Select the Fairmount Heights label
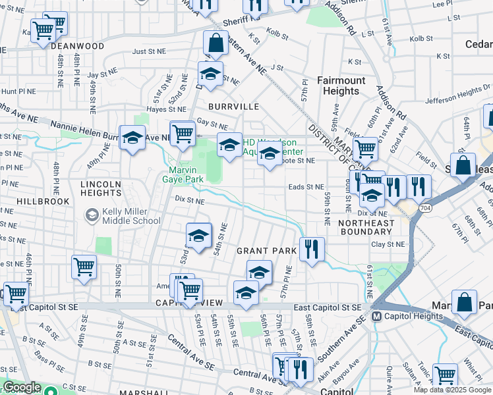pyautogui.click(x=341, y=86)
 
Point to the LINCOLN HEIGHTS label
pyautogui.click(x=101, y=188)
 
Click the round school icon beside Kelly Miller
pyautogui.click(x=92, y=215)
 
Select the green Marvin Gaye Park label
pyautogui.click(x=183, y=174)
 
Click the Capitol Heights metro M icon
pyautogui.click(x=377, y=317)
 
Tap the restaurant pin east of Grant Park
pyautogui.click(x=312, y=249)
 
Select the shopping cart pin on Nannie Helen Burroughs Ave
pyautogui.click(x=183, y=134)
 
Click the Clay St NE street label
pyautogui.click(x=387, y=244)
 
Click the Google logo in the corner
pyautogui.click(x=21, y=387)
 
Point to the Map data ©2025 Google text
pyautogui.click(x=452, y=390)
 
